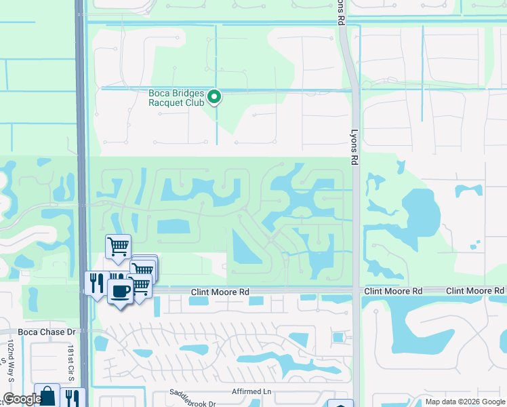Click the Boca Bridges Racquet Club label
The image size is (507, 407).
(x=176, y=98)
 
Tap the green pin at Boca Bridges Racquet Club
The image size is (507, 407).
(x=215, y=97)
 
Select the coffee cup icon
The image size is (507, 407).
(x=120, y=292)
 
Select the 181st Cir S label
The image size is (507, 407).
(x=70, y=365)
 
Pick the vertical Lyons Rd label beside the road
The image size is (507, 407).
(x=354, y=147)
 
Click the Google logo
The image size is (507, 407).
(x=22, y=400)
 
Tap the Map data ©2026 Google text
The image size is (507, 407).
(x=464, y=402)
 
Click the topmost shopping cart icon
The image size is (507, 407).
(x=118, y=246)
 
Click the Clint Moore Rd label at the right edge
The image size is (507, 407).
(x=476, y=291)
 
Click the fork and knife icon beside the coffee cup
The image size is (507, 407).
(x=96, y=282)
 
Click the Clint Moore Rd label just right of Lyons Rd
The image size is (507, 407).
(x=393, y=291)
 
